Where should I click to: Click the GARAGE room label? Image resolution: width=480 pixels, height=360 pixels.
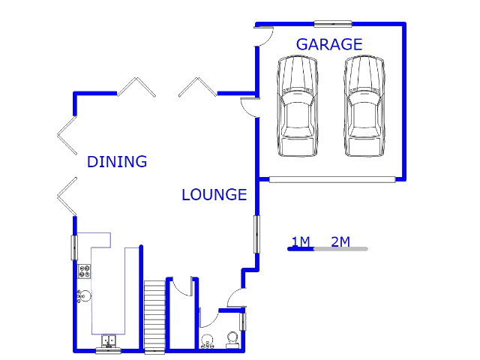[x=329, y=44]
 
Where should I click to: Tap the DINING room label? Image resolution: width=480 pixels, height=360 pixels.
[x=117, y=162]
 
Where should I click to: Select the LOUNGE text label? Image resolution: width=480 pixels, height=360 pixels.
[x=214, y=195]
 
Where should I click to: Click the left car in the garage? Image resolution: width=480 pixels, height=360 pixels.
[x=297, y=106]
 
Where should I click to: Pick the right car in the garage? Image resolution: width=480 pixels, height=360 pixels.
[x=364, y=106]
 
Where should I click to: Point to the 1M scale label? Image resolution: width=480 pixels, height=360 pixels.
[x=301, y=241]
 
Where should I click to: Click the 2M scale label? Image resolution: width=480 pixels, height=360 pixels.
[x=340, y=241]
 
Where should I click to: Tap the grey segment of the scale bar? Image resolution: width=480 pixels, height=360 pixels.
[x=340, y=249]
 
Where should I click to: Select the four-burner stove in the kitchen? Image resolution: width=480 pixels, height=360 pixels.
[x=84, y=271]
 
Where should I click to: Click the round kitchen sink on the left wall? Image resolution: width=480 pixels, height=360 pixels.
[x=84, y=296]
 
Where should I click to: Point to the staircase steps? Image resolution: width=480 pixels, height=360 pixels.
[x=154, y=316]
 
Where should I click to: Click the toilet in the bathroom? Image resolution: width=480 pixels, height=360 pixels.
[x=232, y=340]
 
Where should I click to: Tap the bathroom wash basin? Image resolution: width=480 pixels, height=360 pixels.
[x=207, y=341]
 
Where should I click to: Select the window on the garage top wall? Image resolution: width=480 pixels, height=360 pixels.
[x=333, y=23]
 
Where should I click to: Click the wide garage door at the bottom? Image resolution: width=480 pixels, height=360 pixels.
[x=332, y=180]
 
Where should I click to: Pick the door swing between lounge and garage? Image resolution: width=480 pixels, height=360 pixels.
[x=250, y=107]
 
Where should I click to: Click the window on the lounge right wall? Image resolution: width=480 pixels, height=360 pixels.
[x=256, y=234]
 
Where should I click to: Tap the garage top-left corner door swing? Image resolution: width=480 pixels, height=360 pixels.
[x=264, y=37]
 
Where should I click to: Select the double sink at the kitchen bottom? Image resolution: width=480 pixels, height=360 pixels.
[x=109, y=340]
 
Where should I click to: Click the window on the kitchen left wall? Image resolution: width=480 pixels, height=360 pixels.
[x=74, y=247]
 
